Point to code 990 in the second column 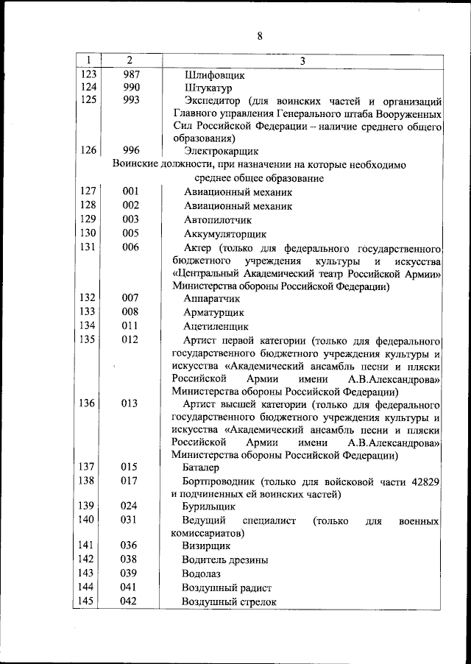point(130,88)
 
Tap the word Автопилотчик point(217,219)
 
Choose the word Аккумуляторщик point(224,233)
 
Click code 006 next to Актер point(130,247)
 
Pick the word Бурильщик point(209,507)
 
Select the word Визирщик point(206,546)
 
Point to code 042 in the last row point(130,601)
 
